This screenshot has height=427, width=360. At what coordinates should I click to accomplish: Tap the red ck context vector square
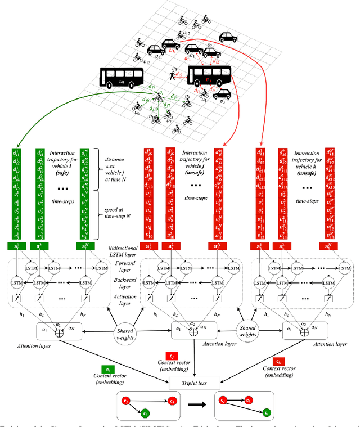(x=277, y=361)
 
